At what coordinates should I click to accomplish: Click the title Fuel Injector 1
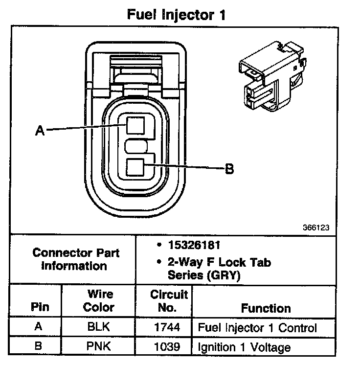176,14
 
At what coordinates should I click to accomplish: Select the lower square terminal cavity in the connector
134,168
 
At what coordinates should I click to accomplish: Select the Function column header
266,308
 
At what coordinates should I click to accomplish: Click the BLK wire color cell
99,328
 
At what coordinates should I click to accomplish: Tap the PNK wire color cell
99,347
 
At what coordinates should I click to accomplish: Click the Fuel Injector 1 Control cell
257,328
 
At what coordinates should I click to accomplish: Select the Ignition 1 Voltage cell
244,347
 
